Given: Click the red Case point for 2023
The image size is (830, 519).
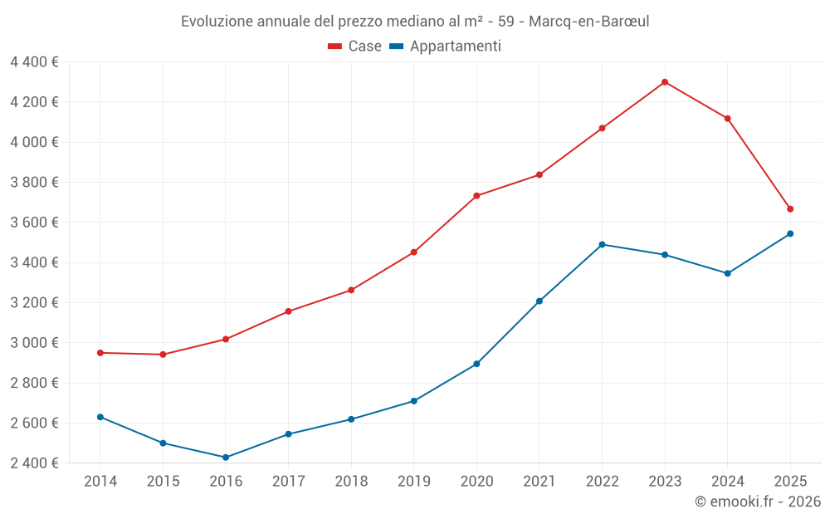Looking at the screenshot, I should (665, 82).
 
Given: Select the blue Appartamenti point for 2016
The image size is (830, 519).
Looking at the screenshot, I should (226, 458).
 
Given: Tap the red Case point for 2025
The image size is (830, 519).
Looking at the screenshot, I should (790, 209).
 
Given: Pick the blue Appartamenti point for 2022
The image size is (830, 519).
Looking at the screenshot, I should (602, 245).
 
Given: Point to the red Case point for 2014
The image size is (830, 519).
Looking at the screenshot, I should (100, 353).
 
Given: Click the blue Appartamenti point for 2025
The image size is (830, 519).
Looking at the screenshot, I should (790, 234).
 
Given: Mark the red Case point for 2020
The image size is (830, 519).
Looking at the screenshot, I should (476, 196).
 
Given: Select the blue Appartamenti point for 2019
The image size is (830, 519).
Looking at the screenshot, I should (414, 401).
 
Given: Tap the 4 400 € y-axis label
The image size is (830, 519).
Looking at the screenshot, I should (34, 62).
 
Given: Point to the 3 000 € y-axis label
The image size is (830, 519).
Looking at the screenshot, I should (34, 343).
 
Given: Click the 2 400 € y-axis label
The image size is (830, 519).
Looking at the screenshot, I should (34, 463).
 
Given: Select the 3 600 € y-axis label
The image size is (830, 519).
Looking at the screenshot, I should (34, 223).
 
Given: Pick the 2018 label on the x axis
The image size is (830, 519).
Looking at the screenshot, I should (351, 482).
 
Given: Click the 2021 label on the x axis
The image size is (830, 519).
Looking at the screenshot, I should (539, 482).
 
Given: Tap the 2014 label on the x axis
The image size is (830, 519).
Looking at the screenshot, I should (100, 482).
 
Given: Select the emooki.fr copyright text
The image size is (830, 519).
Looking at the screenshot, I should (758, 502).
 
